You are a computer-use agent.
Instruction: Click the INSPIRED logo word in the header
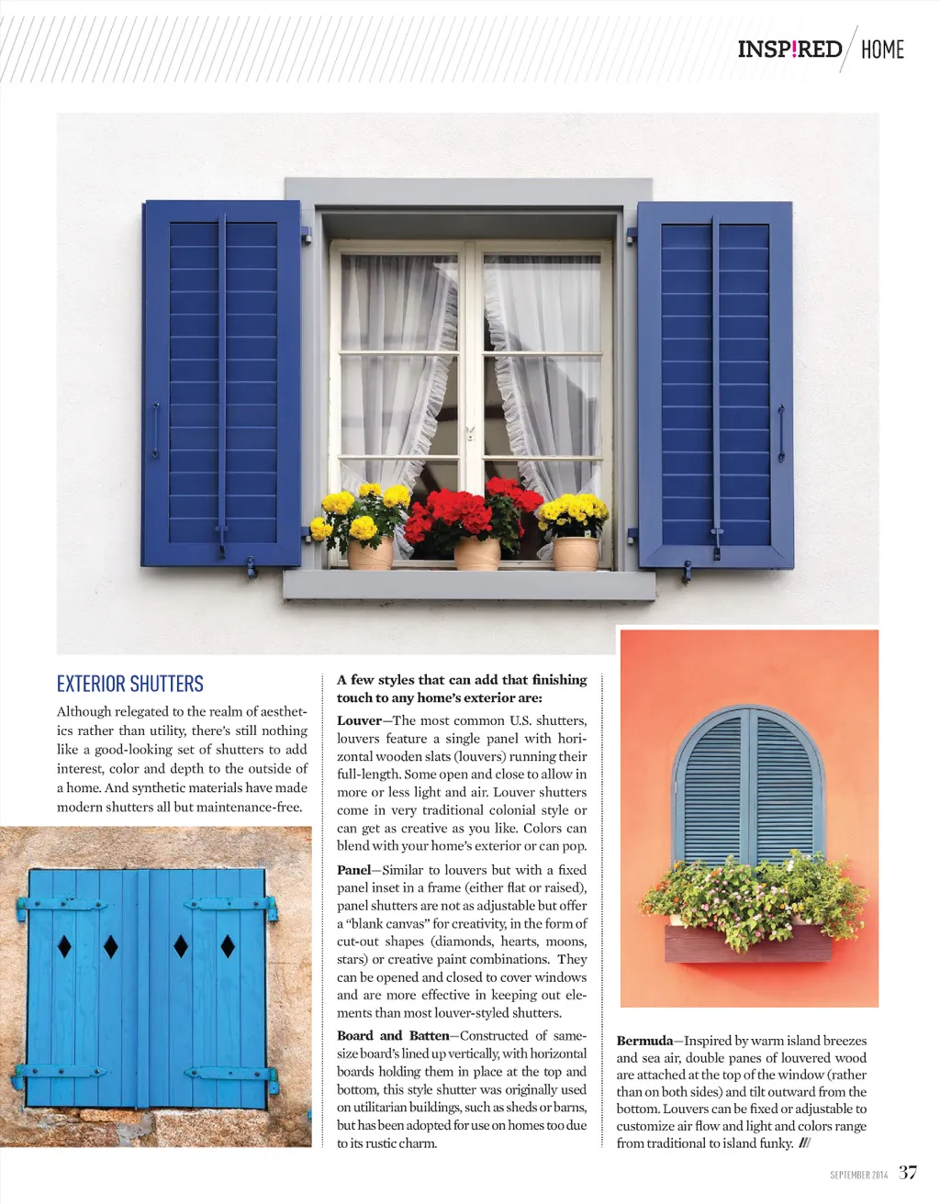pos(789,49)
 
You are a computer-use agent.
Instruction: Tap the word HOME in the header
pos(882,50)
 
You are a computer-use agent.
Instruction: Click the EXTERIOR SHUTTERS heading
pos(130,684)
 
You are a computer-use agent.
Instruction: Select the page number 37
pos(907,1172)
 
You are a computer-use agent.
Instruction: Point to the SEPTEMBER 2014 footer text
pos(858,1175)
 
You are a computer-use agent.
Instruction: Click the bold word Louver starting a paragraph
pos(359,720)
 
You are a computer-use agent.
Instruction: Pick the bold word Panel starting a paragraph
pos(353,870)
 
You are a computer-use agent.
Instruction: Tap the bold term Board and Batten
pos(393,1036)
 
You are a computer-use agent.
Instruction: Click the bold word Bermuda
pos(644,1041)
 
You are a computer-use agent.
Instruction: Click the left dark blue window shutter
pos(222,384)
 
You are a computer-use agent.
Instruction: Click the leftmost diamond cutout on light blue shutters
pos(64,945)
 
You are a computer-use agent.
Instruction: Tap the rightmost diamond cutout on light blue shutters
pos(228,945)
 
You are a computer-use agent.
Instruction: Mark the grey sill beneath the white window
pos(468,585)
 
